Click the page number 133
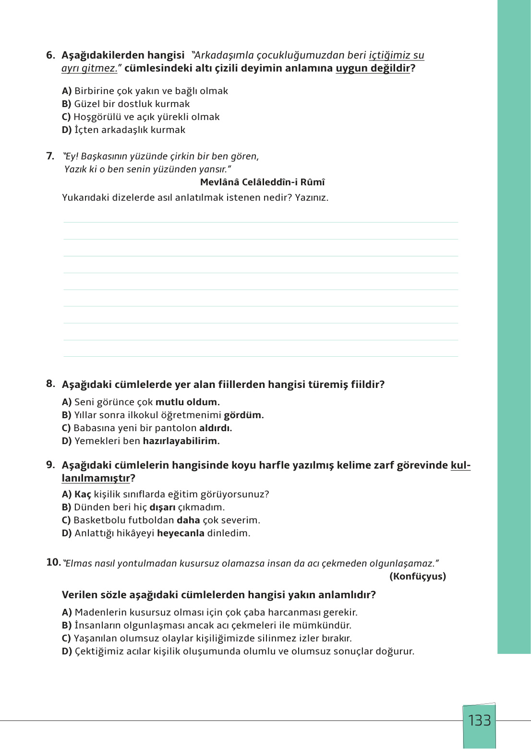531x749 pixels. [479, 721]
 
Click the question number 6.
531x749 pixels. [50, 55]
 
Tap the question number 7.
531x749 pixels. [50, 156]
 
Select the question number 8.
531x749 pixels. [50, 384]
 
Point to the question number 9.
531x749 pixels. [50, 465]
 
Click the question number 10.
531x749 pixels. [53, 562]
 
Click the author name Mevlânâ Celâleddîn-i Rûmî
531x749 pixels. [262, 182]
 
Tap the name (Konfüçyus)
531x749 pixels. [417, 576]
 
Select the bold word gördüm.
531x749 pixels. [243, 415]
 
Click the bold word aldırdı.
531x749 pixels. [215, 428]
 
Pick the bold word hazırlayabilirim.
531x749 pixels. [181, 441]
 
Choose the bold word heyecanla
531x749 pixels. [181, 533]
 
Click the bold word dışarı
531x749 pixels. [162, 507]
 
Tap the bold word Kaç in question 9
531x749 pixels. [83, 494]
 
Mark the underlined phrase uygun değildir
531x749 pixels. [373, 68]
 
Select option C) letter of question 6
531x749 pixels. [66, 117]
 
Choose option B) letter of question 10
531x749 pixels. [67, 625]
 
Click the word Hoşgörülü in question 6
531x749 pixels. [97, 117]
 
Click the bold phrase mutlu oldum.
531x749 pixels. [187, 402]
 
